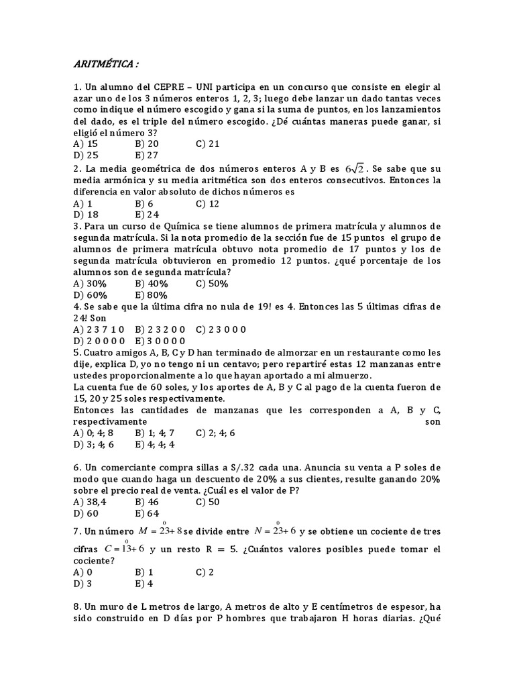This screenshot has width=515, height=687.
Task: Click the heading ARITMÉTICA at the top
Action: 106,64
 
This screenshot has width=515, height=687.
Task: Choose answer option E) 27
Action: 147,155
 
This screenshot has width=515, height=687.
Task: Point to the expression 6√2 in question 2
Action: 353,168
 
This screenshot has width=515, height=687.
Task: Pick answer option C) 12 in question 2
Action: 208,203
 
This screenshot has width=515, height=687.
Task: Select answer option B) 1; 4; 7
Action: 155,433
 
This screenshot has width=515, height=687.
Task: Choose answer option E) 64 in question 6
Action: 147,513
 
